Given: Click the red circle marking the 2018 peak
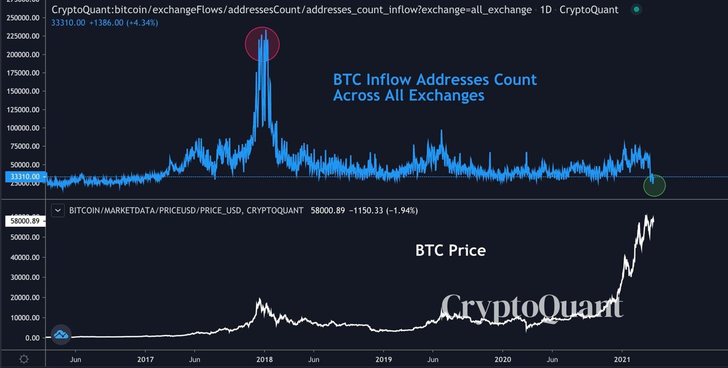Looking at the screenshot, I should [262, 44].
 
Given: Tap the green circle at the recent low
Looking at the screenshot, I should [654, 185].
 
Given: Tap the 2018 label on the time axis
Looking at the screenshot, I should [264, 359].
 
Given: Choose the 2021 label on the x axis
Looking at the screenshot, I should [623, 359].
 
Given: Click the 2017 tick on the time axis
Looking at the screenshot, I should [146, 359].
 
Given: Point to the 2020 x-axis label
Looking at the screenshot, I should [502, 359].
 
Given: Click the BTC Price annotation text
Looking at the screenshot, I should [450, 250].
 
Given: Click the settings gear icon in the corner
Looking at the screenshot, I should [24, 359].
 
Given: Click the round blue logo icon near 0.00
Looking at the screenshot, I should [61, 335].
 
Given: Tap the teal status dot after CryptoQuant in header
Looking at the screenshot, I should [636, 9].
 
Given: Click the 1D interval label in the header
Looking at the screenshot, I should [545, 10].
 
